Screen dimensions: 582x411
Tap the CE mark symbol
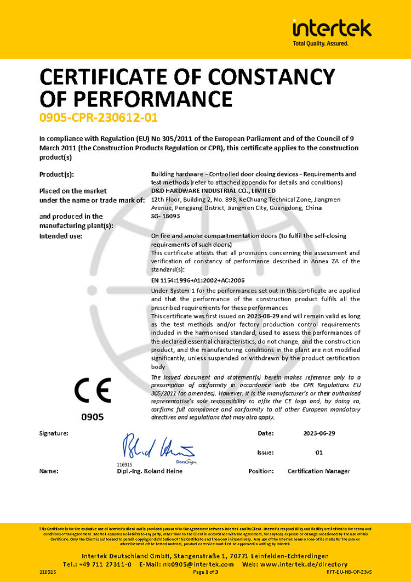coord(93,391)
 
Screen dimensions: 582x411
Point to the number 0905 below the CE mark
coord(92,417)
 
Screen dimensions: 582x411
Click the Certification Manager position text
coord(318,471)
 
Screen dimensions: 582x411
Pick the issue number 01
coord(319,453)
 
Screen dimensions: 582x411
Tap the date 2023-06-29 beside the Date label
coord(319,433)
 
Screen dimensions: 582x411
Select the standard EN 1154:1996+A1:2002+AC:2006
coord(198,280)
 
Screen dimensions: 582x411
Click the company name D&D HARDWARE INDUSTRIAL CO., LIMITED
coord(213,190)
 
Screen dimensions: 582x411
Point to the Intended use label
coord(61,236)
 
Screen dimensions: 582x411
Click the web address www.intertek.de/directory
coord(303,564)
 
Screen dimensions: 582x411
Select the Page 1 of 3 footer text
coord(206,572)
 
